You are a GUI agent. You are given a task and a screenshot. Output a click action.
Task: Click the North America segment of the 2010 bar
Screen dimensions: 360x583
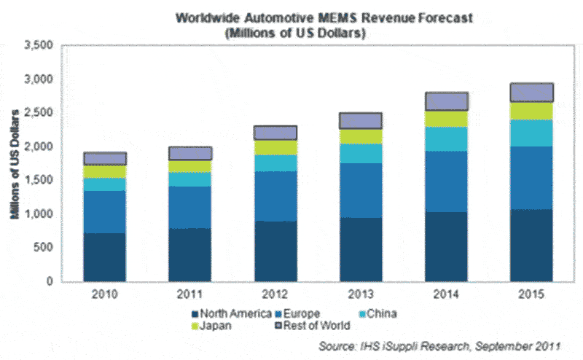(x=105, y=257)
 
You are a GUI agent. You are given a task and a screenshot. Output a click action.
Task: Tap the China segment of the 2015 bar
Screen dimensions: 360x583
(x=531, y=133)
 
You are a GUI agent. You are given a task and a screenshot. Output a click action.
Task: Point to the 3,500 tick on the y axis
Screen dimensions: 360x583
(x=39, y=46)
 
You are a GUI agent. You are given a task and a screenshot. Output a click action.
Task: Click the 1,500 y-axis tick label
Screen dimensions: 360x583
(x=39, y=181)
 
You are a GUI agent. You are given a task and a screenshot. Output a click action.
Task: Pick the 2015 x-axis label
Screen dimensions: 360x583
(x=531, y=296)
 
